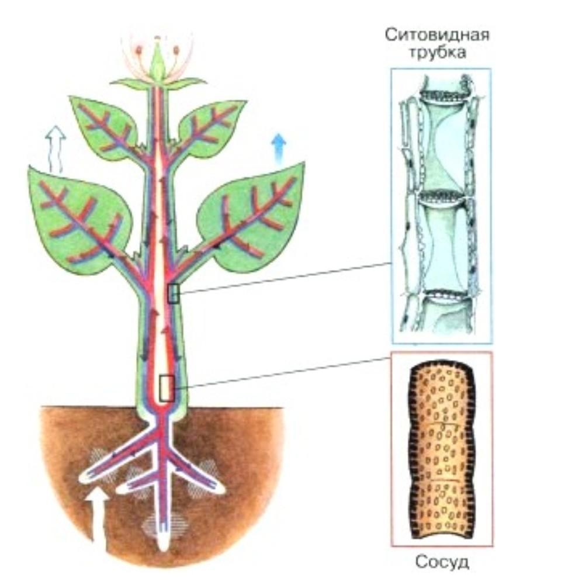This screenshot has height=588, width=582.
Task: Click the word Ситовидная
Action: point(437,35)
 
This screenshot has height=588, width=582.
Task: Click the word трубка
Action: point(437,53)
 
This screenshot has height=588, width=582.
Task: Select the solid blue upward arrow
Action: point(279,146)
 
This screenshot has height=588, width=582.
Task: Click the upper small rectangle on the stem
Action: point(173,293)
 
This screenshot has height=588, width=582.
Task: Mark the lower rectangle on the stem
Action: point(167,388)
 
